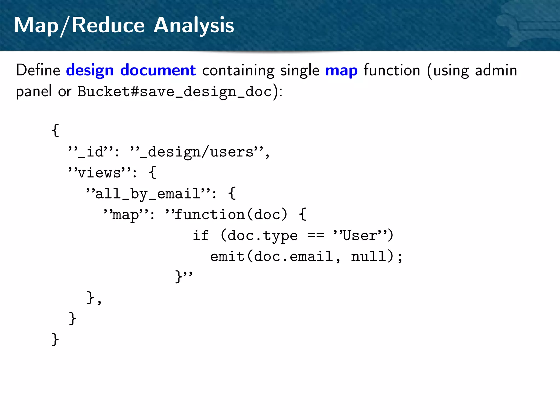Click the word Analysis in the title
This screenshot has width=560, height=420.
(x=194, y=25)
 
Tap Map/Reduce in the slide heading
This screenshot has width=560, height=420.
(x=79, y=25)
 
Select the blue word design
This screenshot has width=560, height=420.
(x=90, y=70)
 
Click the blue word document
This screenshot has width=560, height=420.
(x=158, y=70)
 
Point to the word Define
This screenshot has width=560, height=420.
(x=38, y=70)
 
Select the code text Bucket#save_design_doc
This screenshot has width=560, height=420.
(x=175, y=92)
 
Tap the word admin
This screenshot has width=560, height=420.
(x=496, y=70)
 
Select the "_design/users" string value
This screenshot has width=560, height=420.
(x=197, y=152)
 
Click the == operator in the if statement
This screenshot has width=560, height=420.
(x=316, y=235)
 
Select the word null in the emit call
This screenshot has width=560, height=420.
(x=368, y=256)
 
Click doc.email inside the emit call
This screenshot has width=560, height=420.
(x=293, y=256)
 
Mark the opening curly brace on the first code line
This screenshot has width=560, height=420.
(x=55, y=130)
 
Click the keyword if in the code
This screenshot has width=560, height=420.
(x=201, y=235)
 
